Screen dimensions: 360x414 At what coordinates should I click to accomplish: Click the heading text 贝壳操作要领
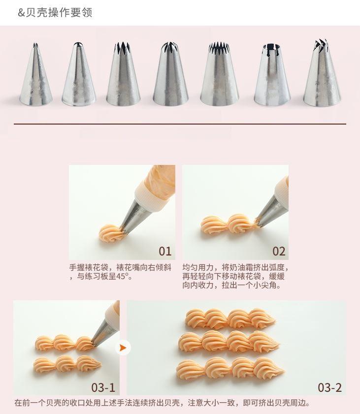coord(59,12)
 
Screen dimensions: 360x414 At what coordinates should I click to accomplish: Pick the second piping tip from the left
coord(78,74)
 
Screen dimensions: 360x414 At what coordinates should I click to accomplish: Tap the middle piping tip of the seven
coord(170,74)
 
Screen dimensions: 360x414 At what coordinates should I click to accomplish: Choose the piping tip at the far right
coord(322,73)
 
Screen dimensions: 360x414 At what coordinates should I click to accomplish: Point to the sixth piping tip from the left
coord(272,75)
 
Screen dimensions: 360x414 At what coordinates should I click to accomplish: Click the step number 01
coord(165,251)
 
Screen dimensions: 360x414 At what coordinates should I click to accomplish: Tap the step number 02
coord(279,251)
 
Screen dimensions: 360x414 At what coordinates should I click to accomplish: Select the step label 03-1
coord(103,387)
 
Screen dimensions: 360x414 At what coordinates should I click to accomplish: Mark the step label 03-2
coord(329,387)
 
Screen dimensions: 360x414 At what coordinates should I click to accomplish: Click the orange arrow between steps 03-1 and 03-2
coord(123,348)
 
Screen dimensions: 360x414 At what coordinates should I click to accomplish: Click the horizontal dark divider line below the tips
coord(180,124)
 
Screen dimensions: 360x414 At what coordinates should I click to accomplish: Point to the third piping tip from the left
coord(123,74)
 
